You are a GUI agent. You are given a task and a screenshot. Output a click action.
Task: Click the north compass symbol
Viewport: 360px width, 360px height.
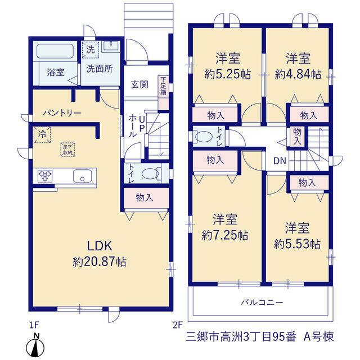37,346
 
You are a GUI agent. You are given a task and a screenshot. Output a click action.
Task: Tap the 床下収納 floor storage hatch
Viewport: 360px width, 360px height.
67,150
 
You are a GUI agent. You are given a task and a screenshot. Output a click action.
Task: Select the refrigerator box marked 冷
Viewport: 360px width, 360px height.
42,134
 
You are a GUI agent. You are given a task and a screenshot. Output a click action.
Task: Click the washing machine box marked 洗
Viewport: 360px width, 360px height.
91,49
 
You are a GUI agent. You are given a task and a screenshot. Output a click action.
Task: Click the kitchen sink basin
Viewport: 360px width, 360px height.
82,176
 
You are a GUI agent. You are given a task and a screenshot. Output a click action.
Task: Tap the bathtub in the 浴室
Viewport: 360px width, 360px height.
55,51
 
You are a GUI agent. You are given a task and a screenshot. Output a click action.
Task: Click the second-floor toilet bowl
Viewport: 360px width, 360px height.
203,136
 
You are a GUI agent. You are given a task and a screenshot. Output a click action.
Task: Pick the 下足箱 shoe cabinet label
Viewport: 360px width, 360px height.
163,86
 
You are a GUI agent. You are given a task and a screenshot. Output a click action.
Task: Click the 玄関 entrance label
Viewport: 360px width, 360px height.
139,84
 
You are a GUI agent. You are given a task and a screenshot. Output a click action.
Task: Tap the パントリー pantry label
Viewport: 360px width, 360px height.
62,113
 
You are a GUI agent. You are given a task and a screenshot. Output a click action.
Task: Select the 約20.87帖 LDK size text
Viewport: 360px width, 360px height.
100,262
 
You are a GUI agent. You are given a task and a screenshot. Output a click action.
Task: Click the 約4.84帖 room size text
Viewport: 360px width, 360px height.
298,74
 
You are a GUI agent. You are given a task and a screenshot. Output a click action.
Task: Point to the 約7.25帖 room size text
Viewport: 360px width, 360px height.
225,235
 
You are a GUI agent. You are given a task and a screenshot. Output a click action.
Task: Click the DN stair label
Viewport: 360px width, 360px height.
280,161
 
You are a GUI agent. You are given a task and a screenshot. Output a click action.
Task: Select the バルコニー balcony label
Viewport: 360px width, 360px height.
262,303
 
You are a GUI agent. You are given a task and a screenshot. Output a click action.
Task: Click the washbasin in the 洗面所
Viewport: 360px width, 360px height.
111,47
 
